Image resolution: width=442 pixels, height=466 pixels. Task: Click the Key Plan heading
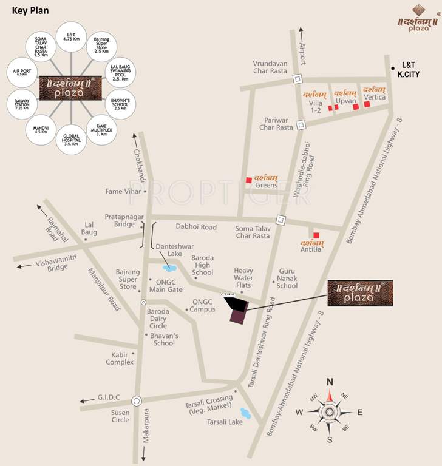pos(30,11)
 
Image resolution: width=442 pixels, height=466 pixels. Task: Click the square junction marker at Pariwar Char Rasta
pos(300,125)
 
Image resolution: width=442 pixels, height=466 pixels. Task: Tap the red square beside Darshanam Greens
pos(248,180)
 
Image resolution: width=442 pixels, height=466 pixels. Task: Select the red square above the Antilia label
pos(316,235)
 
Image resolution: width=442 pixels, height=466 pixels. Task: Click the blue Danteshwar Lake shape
pos(170,268)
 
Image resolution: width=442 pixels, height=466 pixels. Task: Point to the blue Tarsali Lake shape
pos(246,414)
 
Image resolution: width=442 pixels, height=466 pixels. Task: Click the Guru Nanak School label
pos(288,282)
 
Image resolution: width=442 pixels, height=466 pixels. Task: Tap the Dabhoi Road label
pos(196,227)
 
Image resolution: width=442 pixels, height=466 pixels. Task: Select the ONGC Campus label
pos(203,305)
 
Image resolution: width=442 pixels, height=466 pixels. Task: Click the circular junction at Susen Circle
pos(137,400)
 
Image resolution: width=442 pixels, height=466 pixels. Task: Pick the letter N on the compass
pos(330,382)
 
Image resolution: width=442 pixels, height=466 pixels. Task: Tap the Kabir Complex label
pos(119,358)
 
